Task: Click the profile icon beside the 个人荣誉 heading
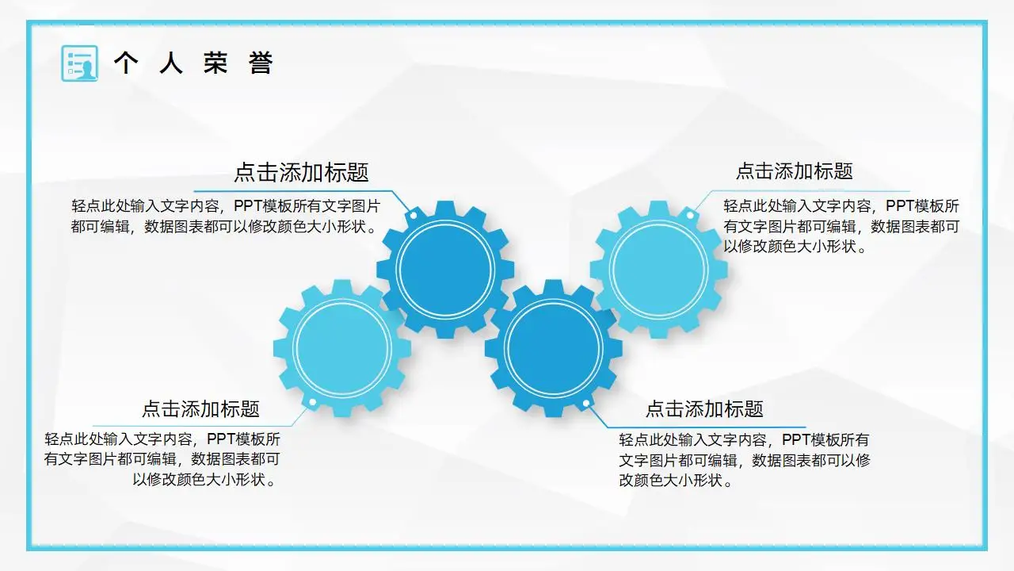click(x=79, y=63)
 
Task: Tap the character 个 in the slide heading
click(x=125, y=63)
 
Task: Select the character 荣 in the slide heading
click(x=215, y=63)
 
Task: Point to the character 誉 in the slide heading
click(x=261, y=63)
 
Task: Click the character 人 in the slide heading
click(x=170, y=63)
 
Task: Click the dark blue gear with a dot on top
click(x=444, y=269)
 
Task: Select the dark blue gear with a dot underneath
click(x=553, y=348)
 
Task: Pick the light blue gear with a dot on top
click(x=658, y=268)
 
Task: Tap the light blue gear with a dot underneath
click(x=342, y=348)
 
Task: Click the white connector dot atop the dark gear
click(x=412, y=215)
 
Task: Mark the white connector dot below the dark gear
click(x=586, y=404)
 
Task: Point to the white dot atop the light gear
click(x=690, y=215)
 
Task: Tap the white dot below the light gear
click(x=313, y=403)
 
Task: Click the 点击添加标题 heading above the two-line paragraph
click(x=301, y=172)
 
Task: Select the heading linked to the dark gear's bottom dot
click(x=704, y=409)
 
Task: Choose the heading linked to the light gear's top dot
click(x=794, y=171)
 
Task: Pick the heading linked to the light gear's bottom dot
click(x=200, y=409)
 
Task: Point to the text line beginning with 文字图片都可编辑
click(x=745, y=460)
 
